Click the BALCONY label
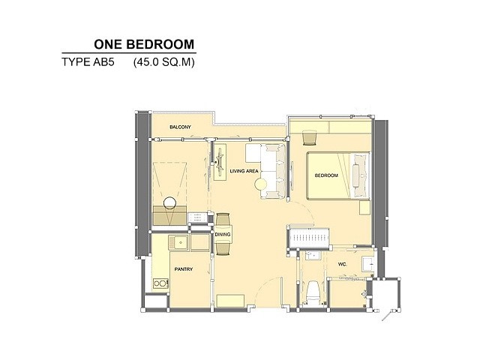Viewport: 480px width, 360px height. click(x=180, y=127)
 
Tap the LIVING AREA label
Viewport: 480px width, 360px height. click(x=244, y=171)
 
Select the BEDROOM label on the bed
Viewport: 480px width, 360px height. click(x=327, y=175)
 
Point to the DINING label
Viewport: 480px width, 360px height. click(x=223, y=235)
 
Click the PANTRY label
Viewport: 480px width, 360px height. click(x=184, y=269)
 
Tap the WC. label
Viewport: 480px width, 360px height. click(x=343, y=264)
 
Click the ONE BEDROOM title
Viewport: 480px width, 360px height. click(x=144, y=44)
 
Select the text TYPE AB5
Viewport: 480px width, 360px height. click(x=88, y=62)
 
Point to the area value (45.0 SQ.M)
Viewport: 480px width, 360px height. click(x=163, y=62)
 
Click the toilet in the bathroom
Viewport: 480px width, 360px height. click(x=313, y=292)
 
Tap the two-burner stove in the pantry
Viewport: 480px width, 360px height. click(x=160, y=283)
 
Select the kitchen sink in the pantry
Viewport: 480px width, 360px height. click(x=178, y=242)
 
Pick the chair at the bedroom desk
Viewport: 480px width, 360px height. click(x=310, y=138)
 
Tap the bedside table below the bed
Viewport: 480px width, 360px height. click(x=364, y=208)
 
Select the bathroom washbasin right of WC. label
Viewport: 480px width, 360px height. click(x=368, y=264)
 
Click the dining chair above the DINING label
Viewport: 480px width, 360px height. click(x=223, y=220)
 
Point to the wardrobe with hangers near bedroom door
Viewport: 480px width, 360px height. click(x=308, y=238)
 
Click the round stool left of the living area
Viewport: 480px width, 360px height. click(x=169, y=203)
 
